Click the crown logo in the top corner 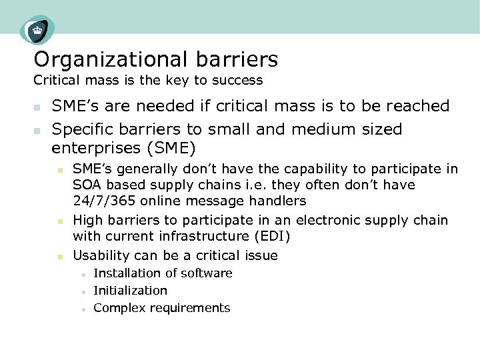tap(37, 30)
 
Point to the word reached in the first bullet tap(421, 106)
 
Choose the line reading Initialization tap(131, 291)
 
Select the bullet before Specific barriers tap(38, 130)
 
